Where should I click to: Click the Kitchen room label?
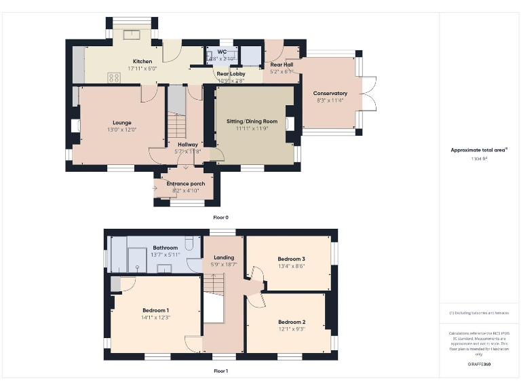[x=142, y=61]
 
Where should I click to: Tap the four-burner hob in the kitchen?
[x=113, y=77]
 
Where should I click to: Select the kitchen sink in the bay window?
[x=132, y=33]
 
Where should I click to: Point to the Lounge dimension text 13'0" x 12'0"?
[x=122, y=130]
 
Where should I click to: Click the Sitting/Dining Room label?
[x=252, y=122]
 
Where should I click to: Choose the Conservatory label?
[x=330, y=93]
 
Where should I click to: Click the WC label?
[x=222, y=52]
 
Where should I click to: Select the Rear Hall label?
[x=281, y=64]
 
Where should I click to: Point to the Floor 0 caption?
[x=221, y=217]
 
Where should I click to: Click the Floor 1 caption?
[x=221, y=371]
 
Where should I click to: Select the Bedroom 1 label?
[x=155, y=310]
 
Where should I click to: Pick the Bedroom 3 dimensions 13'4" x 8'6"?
[x=291, y=266]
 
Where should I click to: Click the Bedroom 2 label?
[x=291, y=322]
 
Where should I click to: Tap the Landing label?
[x=224, y=257]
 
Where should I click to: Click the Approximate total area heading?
[x=479, y=150]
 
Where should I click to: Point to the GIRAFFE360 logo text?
[x=479, y=365]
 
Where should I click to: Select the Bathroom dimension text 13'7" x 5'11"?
[x=165, y=255]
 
